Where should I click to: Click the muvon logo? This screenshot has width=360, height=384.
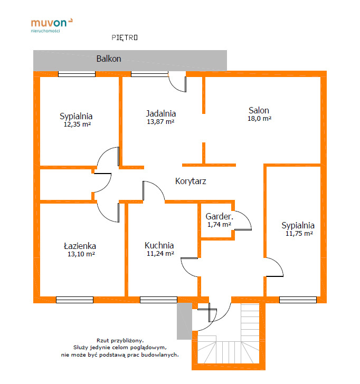pos(51,25)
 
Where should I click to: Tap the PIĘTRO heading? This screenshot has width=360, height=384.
pos(125,37)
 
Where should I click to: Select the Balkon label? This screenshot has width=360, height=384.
pos(109,59)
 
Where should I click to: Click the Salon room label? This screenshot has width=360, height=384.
pos(259,110)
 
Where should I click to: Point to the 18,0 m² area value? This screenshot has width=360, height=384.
pos(259,119)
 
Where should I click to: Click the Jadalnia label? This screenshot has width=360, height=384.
pos(161,113)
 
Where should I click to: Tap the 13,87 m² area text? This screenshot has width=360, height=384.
pos(160,121)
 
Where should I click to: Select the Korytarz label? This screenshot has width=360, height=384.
pos(191,181)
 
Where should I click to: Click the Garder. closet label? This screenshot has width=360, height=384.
pos(220,216)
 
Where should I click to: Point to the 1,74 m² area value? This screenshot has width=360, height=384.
pos(219,225)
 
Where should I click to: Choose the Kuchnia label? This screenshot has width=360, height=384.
pos(159,245)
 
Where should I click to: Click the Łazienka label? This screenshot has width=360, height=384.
pos(80,246)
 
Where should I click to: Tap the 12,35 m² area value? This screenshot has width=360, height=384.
pos(77,124)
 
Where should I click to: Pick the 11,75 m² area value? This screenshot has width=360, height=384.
pos(299,233)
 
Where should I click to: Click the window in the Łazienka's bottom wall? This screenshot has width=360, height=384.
pos(74,300)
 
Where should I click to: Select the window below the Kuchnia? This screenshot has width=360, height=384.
pos(158,300)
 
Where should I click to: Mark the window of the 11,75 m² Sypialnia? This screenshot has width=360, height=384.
pos(298,300)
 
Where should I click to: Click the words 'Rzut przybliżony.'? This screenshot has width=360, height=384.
pos(120,340)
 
